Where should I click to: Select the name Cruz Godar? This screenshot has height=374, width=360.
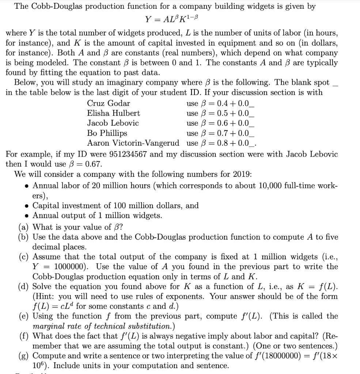109,103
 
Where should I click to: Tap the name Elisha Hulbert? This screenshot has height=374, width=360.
113,113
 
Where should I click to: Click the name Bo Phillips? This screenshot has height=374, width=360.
107,133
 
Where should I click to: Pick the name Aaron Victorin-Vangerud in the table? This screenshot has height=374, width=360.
133,142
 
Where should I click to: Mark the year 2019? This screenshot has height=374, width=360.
229,174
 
